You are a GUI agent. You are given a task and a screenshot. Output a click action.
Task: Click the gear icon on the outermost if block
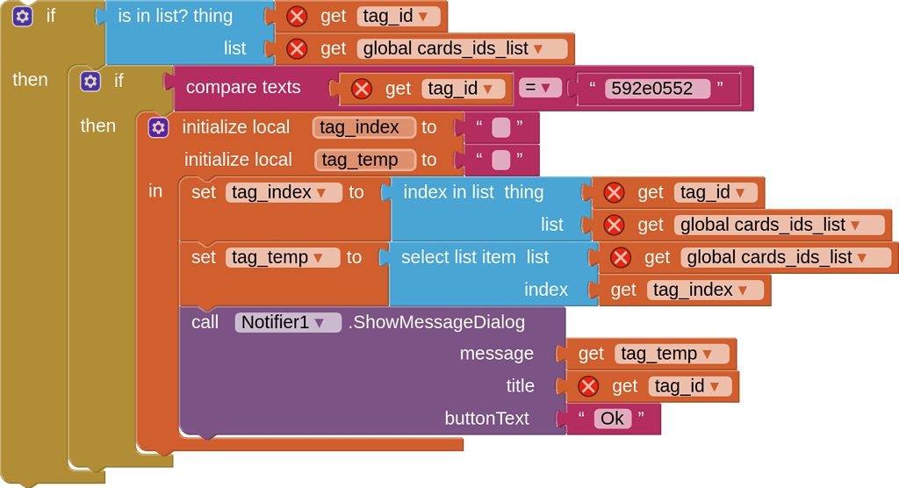[x=22, y=16]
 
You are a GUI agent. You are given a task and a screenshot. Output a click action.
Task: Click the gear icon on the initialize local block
[x=158, y=127]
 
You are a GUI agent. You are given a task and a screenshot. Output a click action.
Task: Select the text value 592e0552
[x=657, y=89]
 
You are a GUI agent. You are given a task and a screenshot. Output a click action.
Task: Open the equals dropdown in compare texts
[x=540, y=88]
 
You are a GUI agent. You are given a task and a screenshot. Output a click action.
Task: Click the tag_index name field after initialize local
[x=363, y=127]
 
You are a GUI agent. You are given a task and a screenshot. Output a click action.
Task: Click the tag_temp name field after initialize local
[x=365, y=160]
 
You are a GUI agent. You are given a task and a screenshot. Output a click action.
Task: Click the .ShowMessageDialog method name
[x=436, y=322]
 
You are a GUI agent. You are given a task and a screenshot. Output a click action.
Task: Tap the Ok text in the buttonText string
[x=612, y=419]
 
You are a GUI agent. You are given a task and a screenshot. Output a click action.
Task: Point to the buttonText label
[x=486, y=419]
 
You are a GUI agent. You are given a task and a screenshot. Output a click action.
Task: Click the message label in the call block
[x=496, y=354]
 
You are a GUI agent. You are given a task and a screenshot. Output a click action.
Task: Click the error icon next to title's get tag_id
[x=588, y=386]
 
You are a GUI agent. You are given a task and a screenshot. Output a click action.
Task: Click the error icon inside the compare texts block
[x=361, y=89]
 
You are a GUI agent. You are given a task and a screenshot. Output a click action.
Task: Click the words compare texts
[x=243, y=87]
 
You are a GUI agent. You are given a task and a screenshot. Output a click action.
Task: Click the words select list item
[x=458, y=257]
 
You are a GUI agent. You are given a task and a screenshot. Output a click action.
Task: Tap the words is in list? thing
[x=176, y=16]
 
